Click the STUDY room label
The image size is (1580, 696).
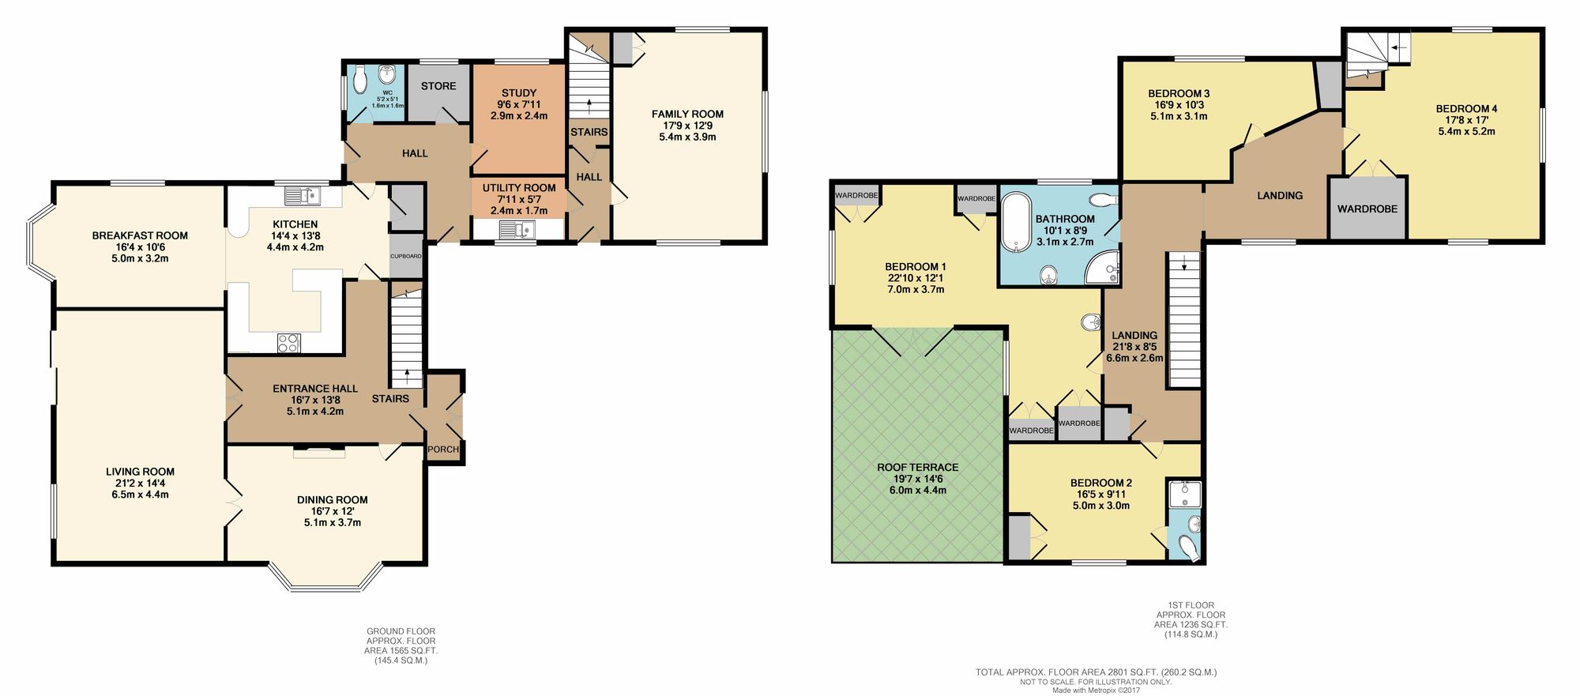click(518, 93)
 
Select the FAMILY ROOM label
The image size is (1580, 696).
click(687, 114)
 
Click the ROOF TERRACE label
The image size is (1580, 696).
click(917, 468)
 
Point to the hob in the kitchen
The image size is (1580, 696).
click(288, 343)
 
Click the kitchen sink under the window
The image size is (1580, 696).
click(303, 193)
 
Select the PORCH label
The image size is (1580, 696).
click(443, 450)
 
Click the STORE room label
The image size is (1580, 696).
click(438, 86)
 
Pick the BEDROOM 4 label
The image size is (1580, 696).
click(1466, 109)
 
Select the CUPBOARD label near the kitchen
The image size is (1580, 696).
click(405, 256)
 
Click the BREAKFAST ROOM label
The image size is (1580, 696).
click(140, 235)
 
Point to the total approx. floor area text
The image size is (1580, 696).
click(1096, 672)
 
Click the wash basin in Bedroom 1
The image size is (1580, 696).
click(1091, 322)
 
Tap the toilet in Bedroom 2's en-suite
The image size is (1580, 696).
click(1187, 547)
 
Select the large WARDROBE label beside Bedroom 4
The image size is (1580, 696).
click(1367, 209)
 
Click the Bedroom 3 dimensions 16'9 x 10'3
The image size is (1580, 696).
click(1178, 104)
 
